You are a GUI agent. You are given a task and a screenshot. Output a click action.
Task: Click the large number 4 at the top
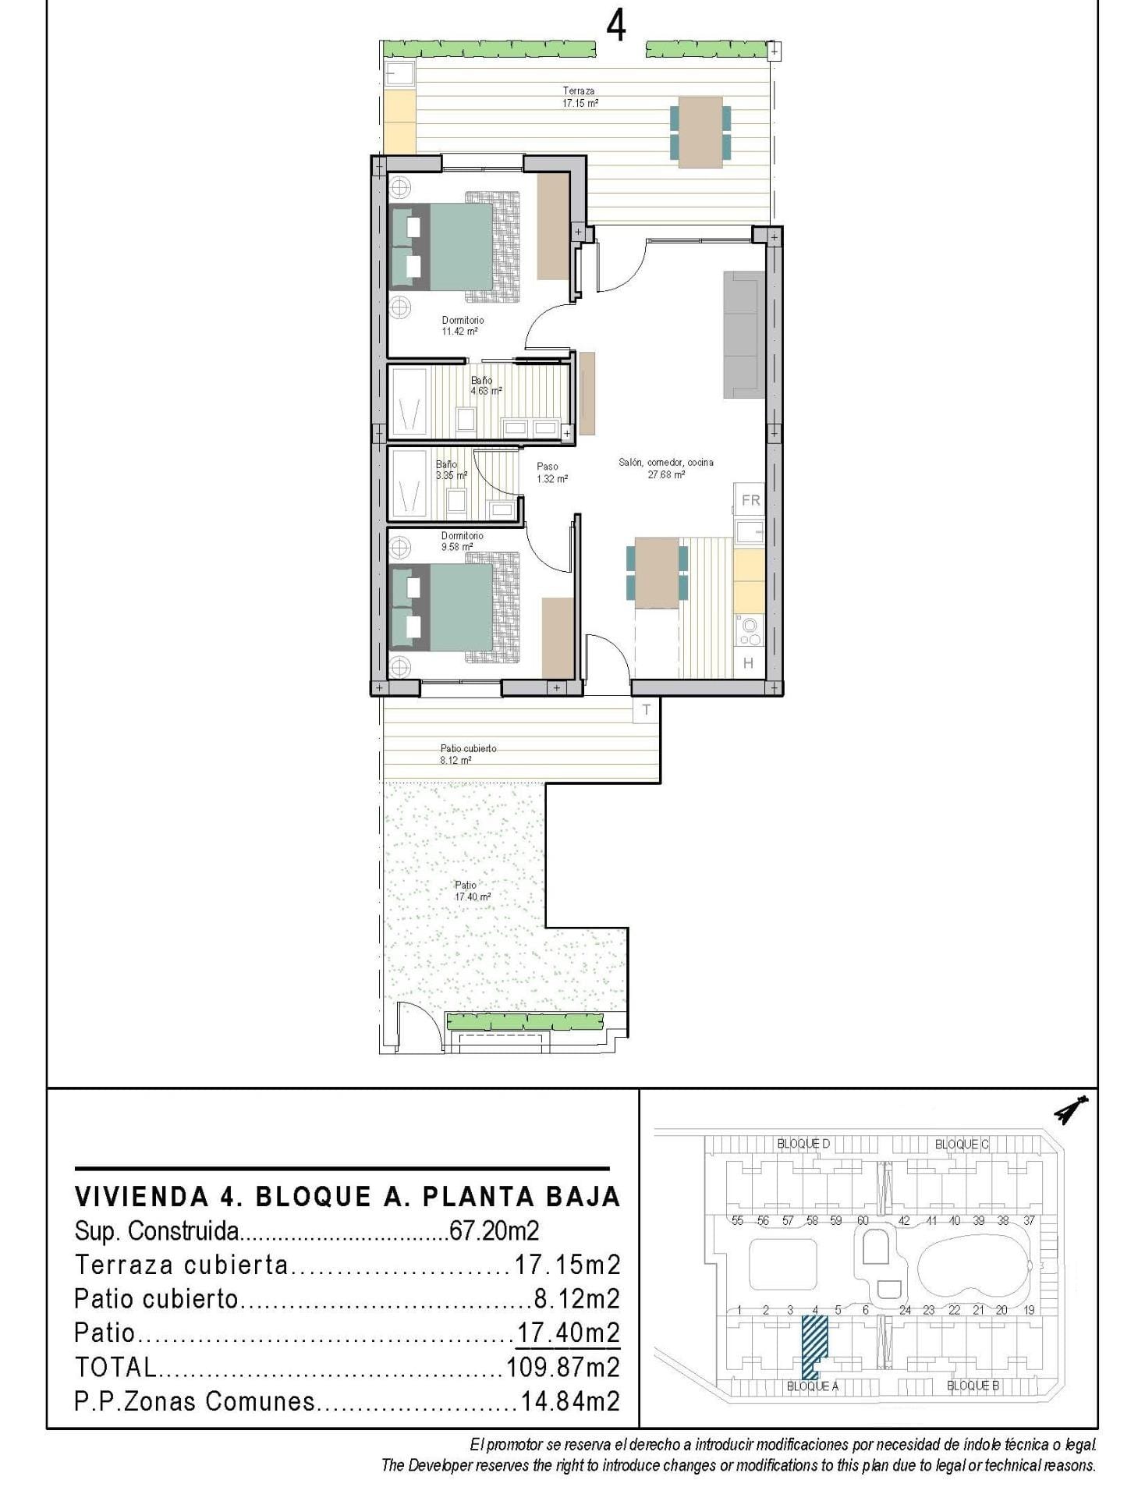(615, 27)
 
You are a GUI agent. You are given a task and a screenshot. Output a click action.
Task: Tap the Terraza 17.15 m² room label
(580, 97)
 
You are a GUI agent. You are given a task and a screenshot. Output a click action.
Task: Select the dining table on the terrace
(700, 131)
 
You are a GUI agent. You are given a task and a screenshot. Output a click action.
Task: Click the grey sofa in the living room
(743, 334)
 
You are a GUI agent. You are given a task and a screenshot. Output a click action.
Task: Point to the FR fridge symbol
(750, 500)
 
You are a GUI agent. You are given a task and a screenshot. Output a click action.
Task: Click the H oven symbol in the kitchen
(748, 663)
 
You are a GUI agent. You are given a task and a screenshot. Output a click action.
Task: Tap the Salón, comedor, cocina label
(665, 467)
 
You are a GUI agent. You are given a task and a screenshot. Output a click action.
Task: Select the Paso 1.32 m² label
(551, 473)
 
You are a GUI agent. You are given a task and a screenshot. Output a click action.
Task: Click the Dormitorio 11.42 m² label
(462, 325)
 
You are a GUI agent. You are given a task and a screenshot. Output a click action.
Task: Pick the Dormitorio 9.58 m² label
(462, 541)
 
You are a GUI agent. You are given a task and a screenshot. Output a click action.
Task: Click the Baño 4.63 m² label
(485, 385)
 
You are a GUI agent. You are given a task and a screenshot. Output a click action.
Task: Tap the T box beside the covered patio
(646, 710)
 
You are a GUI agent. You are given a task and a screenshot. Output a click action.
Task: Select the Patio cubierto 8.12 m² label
(466, 754)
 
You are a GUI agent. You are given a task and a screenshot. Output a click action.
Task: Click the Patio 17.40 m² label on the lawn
(471, 891)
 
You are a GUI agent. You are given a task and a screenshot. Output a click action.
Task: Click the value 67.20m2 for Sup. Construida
(494, 1230)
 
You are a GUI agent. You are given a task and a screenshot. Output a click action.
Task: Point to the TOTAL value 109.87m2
(562, 1366)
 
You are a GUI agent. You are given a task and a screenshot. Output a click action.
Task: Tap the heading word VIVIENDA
(141, 1196)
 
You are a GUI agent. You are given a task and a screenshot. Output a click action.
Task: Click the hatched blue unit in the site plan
(814, 1343)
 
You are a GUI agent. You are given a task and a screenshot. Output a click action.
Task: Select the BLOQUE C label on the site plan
(961, 1144)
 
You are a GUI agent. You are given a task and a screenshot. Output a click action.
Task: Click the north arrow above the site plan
(1072, 1109)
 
